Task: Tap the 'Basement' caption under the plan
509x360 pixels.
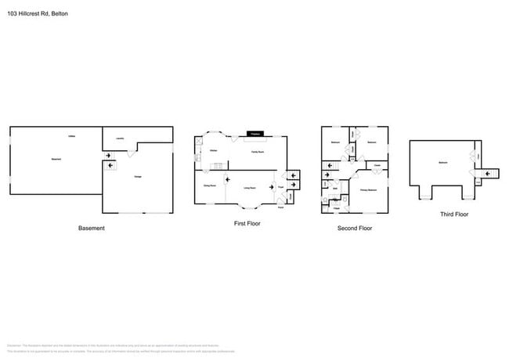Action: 92,229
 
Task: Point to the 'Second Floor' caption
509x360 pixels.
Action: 355,229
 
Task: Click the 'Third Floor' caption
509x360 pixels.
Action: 453,214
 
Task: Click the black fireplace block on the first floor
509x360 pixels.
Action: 255,134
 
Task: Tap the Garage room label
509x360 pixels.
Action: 138,175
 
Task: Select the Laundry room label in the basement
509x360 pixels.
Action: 120,139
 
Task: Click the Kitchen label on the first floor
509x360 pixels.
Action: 213,151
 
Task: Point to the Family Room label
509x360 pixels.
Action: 256,152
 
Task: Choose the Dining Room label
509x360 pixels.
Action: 209,186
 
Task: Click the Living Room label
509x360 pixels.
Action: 249,188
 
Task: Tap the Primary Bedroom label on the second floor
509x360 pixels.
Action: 369,190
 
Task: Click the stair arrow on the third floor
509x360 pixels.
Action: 489,173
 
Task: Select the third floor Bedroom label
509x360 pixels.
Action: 443,163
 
